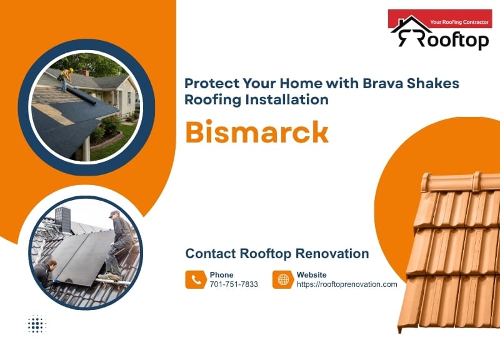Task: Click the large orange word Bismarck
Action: [x=257, y=131]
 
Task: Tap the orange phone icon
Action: [x=196, y=279]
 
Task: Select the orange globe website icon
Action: [x=283, y=279]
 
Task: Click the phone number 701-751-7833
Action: [x=234, y=284]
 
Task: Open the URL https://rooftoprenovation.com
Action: [x=347, y=284]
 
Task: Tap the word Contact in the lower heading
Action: [x=210, y=254]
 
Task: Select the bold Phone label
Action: [x=221, y=274]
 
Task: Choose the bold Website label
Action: [x=311, y=274]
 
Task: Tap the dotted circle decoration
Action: [x=37, y=324]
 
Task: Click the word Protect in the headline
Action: [x=211, y=83]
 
